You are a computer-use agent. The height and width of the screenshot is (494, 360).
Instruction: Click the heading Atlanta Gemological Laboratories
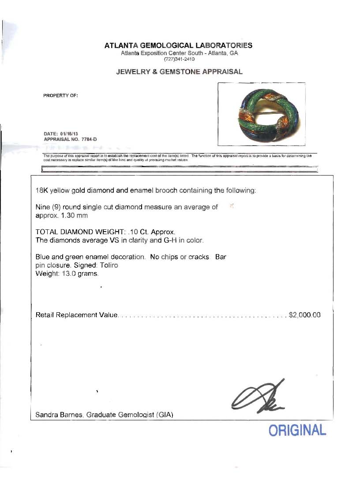click(x=179, y=45)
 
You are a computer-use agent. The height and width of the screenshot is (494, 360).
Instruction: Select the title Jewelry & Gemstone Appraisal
click(x=179, y=72)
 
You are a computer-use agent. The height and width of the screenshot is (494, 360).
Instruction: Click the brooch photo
click(x=262, y=114)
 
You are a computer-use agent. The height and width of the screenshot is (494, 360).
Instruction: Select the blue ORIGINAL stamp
click(x=297, y=430)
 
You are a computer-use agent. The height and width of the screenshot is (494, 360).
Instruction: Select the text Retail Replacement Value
click(x=76, y=315)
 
